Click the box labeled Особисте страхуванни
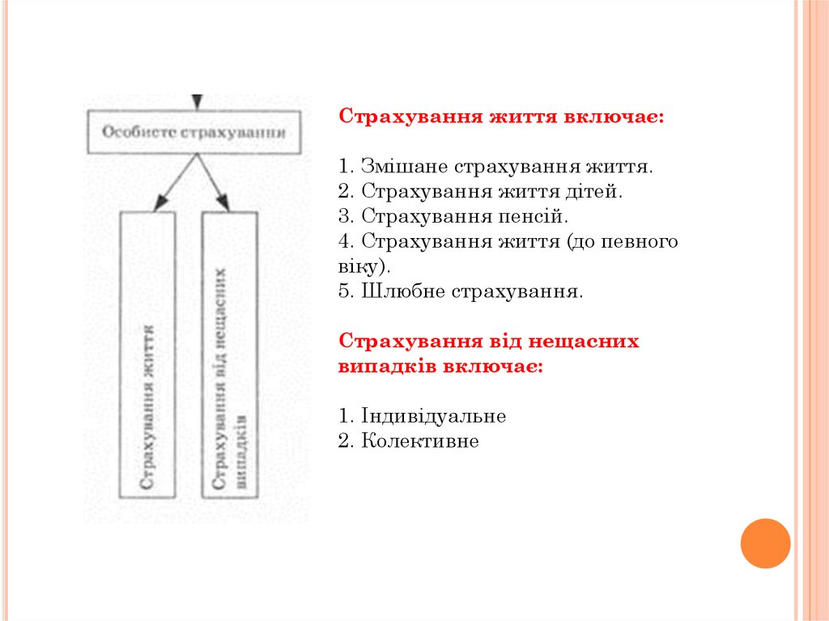click(194, 132)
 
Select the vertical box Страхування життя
click(147, 355)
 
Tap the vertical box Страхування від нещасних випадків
click(230, 355)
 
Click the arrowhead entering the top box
click(195, 102)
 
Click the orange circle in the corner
click(765, 542)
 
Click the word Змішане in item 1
click(403, 168)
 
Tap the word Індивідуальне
click(433, 416)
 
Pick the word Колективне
click(420, 441)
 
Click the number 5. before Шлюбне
click(347, 291)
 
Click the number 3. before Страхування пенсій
click(347, 217)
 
